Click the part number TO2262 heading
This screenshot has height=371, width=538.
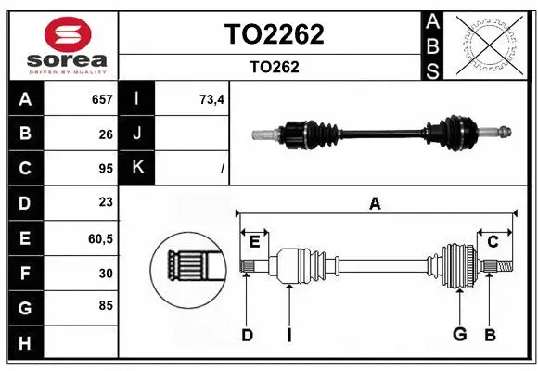(275, 34)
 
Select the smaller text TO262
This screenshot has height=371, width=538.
(275, 67)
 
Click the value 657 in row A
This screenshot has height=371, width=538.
(102, 99)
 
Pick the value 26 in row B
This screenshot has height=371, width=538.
(106, 134)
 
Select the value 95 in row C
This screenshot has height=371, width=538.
(106, 168)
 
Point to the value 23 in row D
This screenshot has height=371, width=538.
(106, 202)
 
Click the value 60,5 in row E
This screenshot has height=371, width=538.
(100, 238)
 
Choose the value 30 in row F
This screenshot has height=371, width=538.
(106, 273)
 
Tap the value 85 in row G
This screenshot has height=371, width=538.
(106, 305)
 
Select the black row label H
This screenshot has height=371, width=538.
(24, 343)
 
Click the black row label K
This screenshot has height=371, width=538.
(137, 168)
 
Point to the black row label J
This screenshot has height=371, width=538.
(137, 134)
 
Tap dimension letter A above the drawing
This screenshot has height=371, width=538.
(375, 204)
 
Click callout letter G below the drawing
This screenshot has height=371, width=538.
(458, 335)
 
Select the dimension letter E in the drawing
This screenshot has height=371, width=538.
(254, 242)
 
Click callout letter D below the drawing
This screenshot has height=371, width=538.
(247, 335)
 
